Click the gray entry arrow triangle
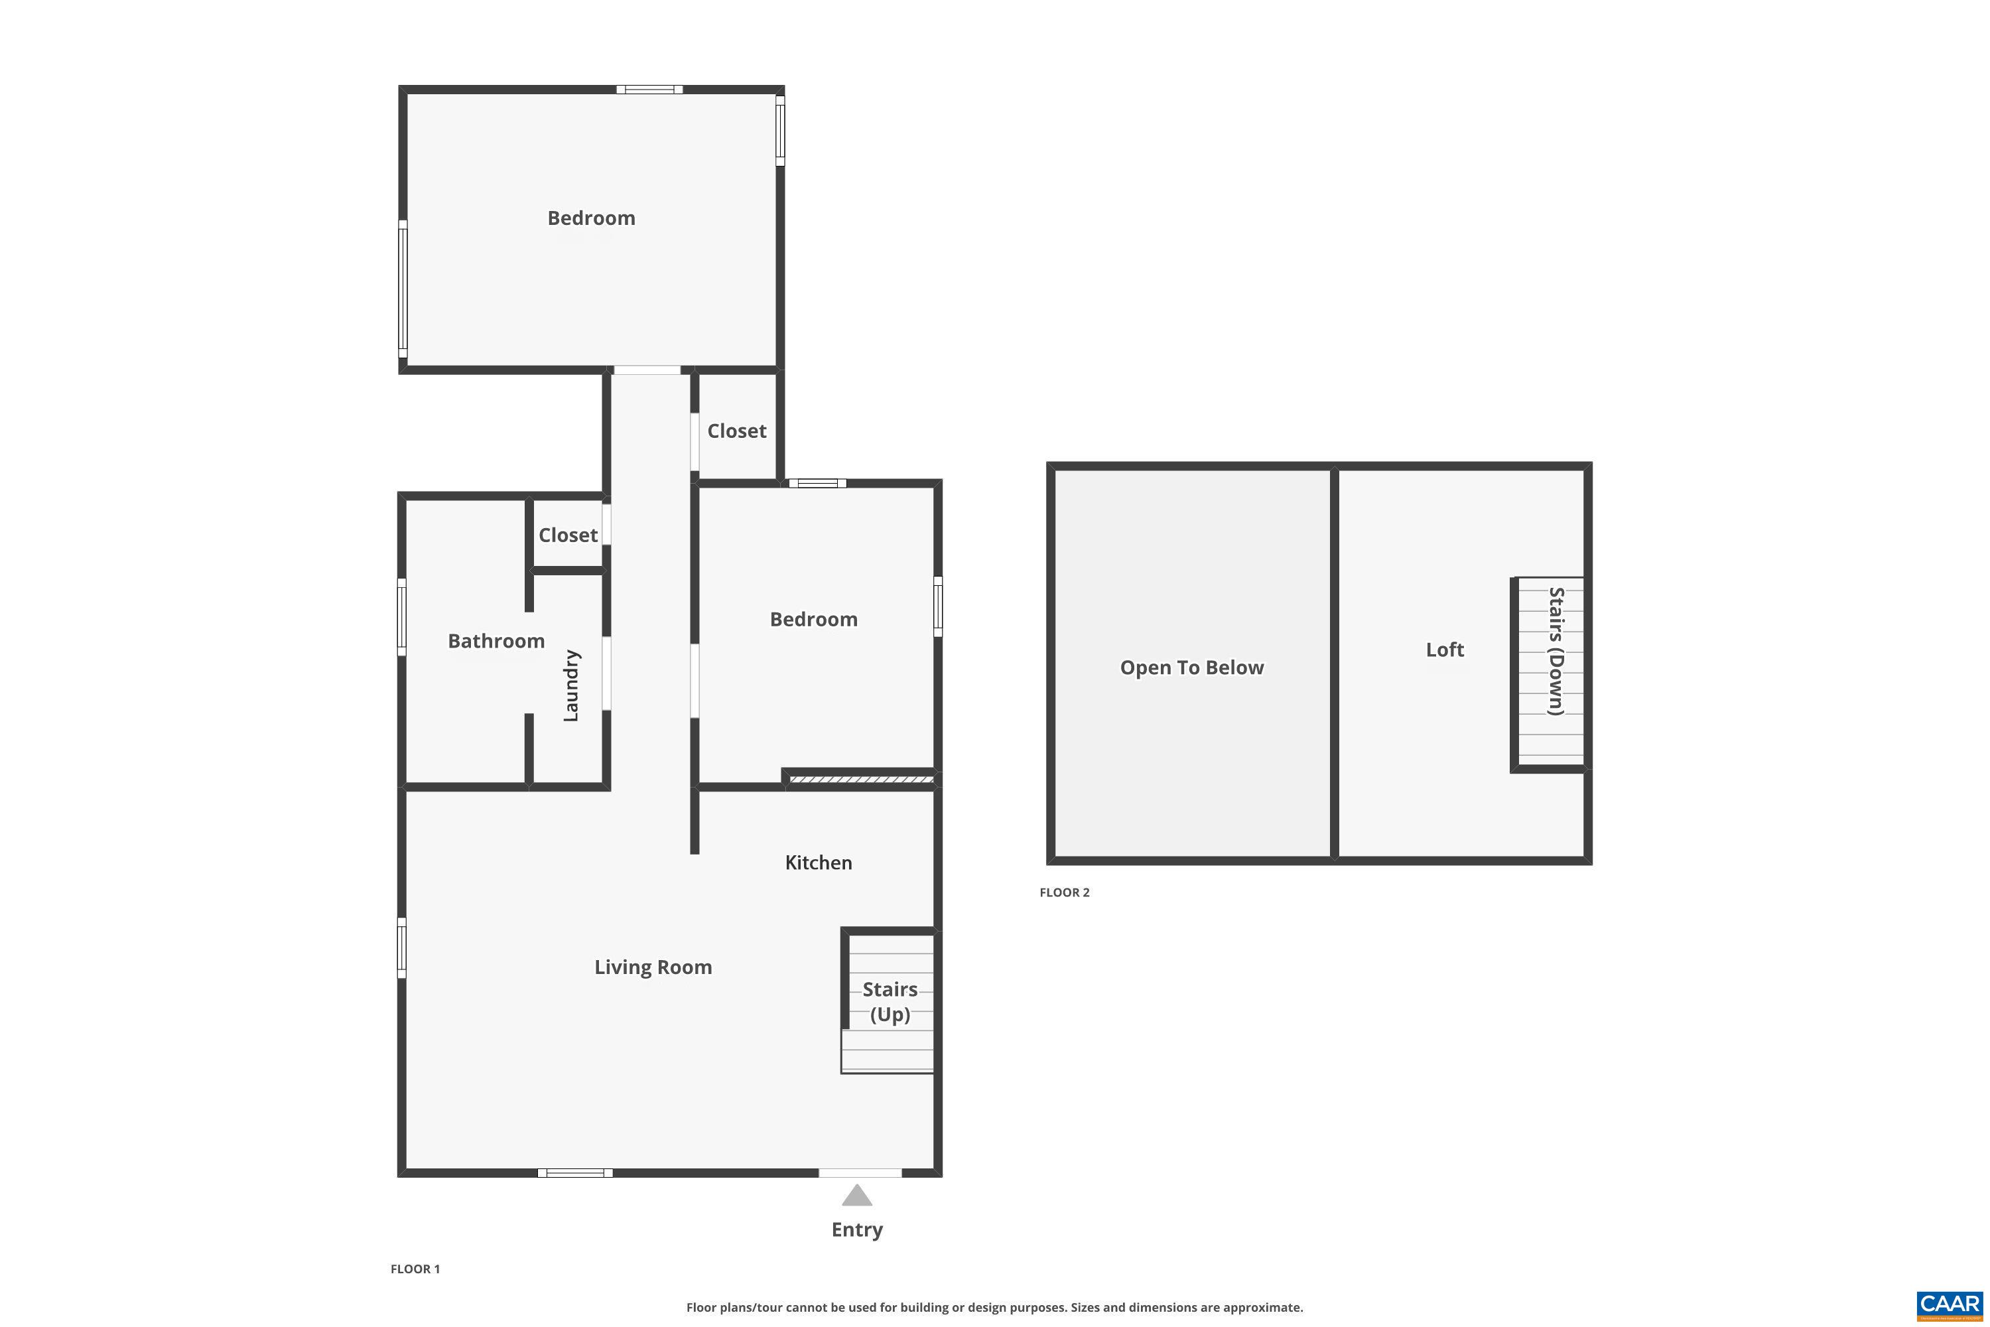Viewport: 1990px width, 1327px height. coord(856,1196)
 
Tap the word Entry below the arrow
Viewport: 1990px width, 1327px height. coord(856,1229)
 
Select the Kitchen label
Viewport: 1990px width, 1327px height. coord(818,863)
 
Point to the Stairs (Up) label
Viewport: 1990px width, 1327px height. coord(890,1001)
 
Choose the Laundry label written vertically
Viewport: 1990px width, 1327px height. coord(571,685)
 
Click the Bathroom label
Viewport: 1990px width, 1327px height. coord(496,641)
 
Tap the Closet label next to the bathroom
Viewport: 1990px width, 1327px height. coord(568,535)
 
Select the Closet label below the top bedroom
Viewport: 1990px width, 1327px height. coord(736,431)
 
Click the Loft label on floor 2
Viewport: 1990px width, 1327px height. coord(1444,649)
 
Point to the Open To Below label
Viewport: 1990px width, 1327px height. coord(1191,667)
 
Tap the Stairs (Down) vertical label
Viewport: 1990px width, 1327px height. coord(1555,651)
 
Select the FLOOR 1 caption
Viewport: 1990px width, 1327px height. coord(415,1269)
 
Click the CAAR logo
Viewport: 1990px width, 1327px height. coord(1950,1305)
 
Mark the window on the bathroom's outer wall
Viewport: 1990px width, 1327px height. coord(402,617)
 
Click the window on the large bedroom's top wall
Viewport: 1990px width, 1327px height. coord(649,89)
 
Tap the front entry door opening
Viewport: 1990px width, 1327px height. coord(860,1173)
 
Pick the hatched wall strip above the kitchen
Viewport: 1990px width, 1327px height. coord(860,778)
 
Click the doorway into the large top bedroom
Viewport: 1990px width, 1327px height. coord(646,370)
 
